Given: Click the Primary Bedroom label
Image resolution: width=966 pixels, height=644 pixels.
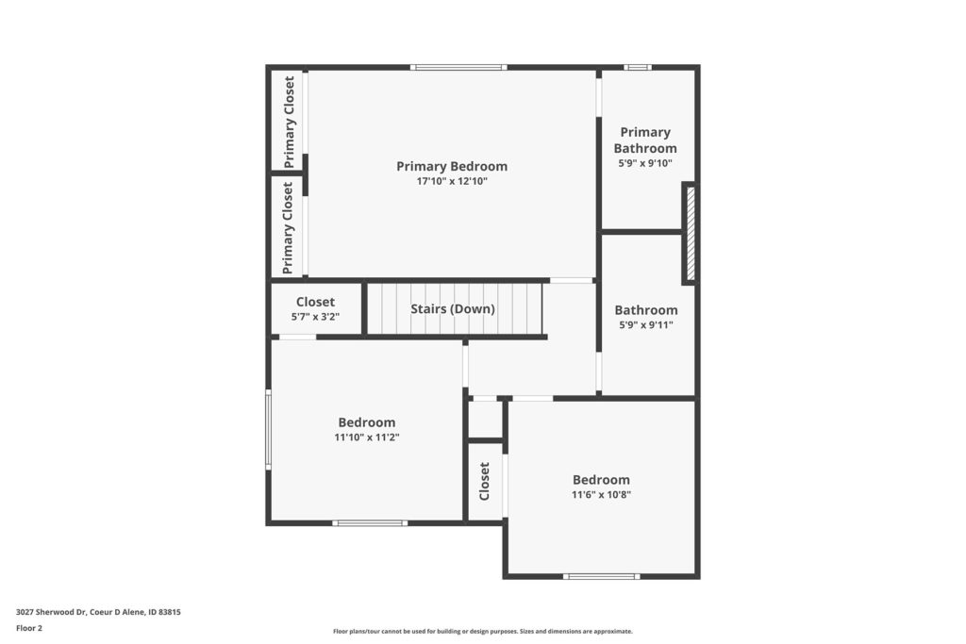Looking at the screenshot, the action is (x=452, y=166).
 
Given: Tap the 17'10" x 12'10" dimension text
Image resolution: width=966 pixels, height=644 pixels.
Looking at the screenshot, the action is (x=452, y=182).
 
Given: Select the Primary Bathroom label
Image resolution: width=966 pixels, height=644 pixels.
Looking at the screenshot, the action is (x=645, y=140).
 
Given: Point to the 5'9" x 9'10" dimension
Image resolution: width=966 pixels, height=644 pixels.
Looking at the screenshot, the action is (x=645, y=164).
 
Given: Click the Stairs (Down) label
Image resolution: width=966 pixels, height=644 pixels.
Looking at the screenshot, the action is (x=453, y=309).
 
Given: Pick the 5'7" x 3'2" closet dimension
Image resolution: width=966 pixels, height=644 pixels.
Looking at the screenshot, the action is (x=315, y=317).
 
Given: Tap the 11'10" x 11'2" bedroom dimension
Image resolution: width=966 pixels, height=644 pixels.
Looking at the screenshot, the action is (x=367, y=438).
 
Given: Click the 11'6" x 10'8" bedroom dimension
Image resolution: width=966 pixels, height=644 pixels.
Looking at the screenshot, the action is (x=601, y=495).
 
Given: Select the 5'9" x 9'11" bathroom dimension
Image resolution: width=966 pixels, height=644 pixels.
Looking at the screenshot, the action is (x=645, y=325).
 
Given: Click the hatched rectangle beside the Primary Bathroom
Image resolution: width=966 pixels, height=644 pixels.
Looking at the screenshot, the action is (x=691, y=234).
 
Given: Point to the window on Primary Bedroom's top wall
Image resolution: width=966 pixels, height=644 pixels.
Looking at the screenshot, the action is (x=458, y=67).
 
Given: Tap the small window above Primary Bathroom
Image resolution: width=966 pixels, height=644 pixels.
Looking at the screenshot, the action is (x=637, y=67).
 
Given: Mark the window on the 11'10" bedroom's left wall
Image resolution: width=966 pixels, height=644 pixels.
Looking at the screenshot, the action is (x=268, y=430).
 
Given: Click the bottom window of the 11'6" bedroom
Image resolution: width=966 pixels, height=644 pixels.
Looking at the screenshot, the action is (x=601, y=577).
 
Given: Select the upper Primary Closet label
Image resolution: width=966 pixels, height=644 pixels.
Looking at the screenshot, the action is (x=289, y=122).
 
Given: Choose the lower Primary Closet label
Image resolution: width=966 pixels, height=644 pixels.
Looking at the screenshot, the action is (x=288, y=228).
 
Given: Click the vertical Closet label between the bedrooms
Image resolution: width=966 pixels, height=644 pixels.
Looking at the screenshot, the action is (x=484, y=482).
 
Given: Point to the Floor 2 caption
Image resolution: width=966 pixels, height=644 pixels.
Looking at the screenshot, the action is (x=29, y=629).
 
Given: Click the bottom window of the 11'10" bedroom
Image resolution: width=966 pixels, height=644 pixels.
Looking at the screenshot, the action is (x=370, y=523).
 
